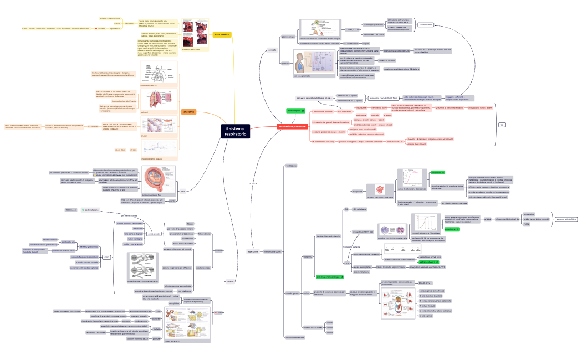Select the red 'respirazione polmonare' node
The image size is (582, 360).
[x=292, y=126]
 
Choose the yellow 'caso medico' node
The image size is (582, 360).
[x=221, y=35]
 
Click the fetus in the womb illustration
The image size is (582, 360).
[x=159, y=178]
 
